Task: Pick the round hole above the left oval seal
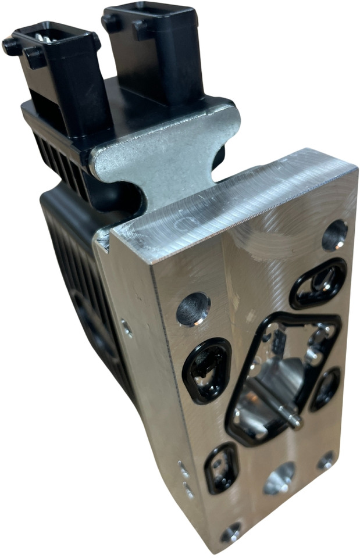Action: click(x=193, y=308)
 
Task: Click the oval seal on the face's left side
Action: click(x=207, y=370)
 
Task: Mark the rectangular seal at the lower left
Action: click(x=221, y=467)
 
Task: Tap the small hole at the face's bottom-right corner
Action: click(x=326, y=460)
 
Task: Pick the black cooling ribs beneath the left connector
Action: click(x=58, y=148)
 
